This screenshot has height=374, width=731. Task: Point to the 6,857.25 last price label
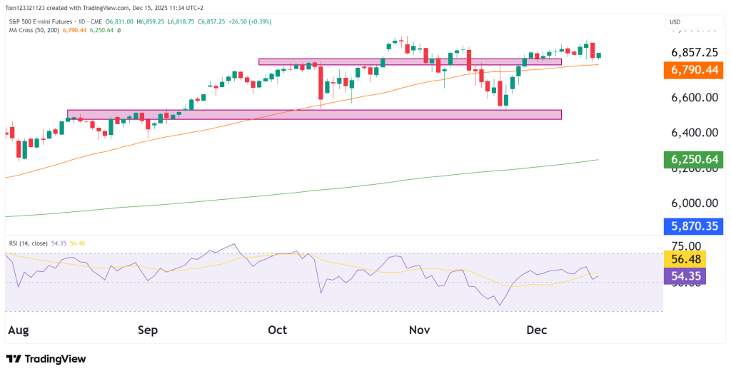point(695,52)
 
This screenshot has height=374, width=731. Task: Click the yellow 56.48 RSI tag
point(685,259)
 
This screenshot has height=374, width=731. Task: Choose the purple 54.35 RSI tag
point(685,276)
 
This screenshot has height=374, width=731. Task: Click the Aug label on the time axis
point(19,330)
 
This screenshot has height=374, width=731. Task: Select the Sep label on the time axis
point(148,330)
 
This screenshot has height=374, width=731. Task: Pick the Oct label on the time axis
point(277,330)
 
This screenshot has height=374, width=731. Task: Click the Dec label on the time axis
point(536,330)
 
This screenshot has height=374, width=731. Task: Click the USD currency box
point(675,23)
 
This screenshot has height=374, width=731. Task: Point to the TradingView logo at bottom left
point(46,359)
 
